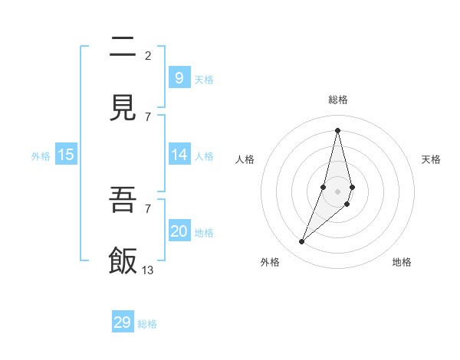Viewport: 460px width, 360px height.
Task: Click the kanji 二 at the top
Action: pos(123,47)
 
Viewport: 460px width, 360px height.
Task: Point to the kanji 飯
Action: pos(123,261)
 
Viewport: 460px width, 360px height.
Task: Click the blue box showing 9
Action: pos(179,77)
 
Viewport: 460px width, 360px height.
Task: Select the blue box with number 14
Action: pos(179,155)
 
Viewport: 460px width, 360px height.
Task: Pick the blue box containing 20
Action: pos(179,231)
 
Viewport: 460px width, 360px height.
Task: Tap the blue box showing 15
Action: pos(66,155)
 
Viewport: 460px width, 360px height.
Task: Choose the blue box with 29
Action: pos(123,322)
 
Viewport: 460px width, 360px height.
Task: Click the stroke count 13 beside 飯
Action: pos(148,270)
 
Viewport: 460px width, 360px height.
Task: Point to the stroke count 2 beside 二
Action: pos(148,55)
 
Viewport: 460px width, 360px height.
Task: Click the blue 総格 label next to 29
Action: pos(147,324)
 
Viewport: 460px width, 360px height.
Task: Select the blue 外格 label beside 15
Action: pos(41,155)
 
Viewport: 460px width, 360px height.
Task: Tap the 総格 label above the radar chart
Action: pos(338,100)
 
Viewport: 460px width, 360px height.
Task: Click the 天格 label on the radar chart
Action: pos(432,159)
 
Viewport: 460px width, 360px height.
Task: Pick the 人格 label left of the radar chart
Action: pos(245,159)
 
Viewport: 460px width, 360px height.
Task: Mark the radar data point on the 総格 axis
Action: pos(337,130)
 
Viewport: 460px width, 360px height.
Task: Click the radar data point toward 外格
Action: pos(301,242)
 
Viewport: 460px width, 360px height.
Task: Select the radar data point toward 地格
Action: pos(347,204)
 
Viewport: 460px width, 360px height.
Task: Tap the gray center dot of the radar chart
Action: pos(337,191)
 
